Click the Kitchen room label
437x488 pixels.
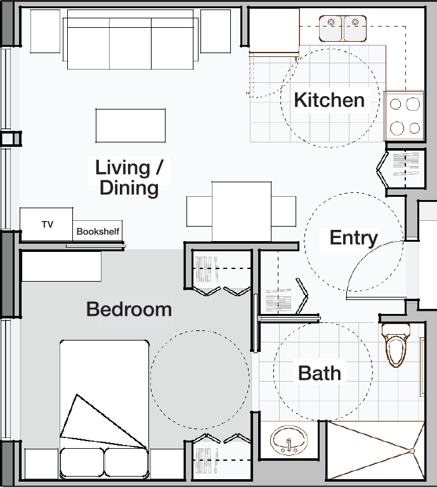point(329,100)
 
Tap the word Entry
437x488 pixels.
point(354,238)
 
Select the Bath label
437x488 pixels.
point(320,373)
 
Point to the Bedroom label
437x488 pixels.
point(129,309)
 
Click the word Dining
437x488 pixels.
point(129,188)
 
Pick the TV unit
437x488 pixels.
point(46,225)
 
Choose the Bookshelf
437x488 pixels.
point(98,231)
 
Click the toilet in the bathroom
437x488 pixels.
point(396,344)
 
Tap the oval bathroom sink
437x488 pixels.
point(289,441)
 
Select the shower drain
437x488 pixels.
point(412,451)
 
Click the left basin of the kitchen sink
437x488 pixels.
point(331,28)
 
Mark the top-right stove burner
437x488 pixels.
point(413,104)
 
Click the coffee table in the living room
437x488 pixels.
point(131,125)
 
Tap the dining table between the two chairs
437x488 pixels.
point(242,211)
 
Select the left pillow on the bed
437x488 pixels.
point(82,463)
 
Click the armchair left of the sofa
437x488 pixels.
point(45,31)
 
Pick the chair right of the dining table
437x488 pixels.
point(284,211)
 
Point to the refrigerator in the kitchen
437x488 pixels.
point(274,30)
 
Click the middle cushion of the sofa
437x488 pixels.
point(131,44)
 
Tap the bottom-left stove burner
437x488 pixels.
point(397,128)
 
